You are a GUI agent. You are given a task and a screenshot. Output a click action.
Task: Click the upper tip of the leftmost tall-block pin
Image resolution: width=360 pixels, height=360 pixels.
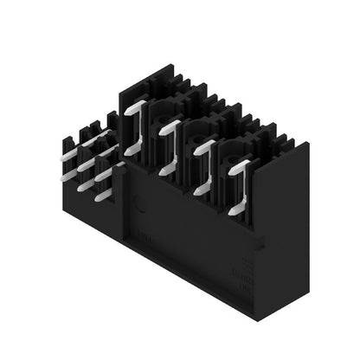[x=143, y=105]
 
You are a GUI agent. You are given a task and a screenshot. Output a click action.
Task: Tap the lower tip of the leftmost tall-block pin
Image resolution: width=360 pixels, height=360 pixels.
[x=131, y=152]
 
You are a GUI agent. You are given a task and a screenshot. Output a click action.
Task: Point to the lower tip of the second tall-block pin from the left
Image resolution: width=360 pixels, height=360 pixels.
[x=164, y=171]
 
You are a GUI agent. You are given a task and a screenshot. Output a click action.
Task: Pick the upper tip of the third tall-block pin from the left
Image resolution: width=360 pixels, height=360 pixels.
[x=210, y=144]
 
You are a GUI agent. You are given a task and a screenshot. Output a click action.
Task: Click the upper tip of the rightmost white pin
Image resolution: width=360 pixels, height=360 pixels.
[x=246, y=163]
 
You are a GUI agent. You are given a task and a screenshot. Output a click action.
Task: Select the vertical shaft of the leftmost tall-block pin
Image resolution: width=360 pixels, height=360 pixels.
[x=139, y=130]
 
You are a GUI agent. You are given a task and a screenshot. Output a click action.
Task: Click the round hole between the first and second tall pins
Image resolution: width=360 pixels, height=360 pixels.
[x=161, y=112]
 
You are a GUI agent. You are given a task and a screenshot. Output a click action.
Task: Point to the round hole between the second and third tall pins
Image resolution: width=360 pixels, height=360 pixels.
[x=196, y=132]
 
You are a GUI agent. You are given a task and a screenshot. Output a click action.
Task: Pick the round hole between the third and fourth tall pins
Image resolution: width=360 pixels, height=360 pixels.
[x=230, y=150]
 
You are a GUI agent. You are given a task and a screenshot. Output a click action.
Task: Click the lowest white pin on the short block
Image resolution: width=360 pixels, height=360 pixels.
[x=102, y=196]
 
